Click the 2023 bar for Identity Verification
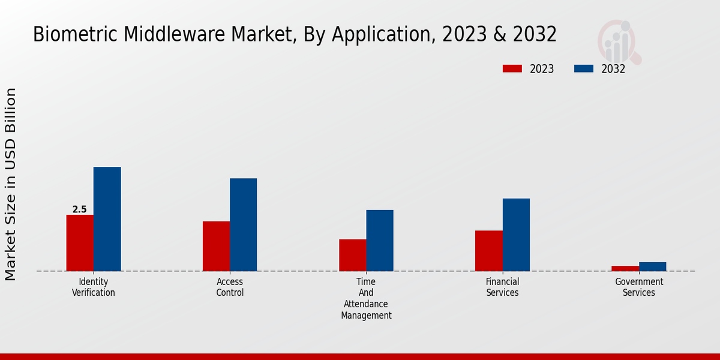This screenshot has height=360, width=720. click(x=80, y=243)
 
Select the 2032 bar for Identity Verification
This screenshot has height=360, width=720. click(x=107, y=219)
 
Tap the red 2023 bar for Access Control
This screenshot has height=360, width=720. click(x=216, y=246)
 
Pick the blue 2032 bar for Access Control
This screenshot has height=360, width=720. click(x=243, y=224)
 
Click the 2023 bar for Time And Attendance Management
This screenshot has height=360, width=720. click(x=352, y=255)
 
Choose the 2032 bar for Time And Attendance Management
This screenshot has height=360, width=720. click(x=380, y=240)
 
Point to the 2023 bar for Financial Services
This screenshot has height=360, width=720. click(x=488, y=251)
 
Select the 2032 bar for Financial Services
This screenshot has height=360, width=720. click(x=516, y=235)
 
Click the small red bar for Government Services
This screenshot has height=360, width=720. click(x=625, y=268)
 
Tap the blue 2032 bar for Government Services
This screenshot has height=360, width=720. click(x=652, y=266)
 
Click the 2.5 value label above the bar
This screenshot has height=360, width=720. click(x=79, y=209)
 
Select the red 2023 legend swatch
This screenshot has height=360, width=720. click(x=512, y=68)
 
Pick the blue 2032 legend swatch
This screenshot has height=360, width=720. click(x=583, y=68)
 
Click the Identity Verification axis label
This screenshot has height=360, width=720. click(x=94, y=287)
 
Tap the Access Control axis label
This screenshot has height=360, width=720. click(x=230, y=287)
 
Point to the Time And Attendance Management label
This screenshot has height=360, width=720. click(x=366, y=298)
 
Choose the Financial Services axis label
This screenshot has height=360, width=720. click(x=502, y=287)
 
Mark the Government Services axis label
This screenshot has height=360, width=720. click(x=639, y=287)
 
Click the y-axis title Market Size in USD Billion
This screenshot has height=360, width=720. click(x=11, y=184)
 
